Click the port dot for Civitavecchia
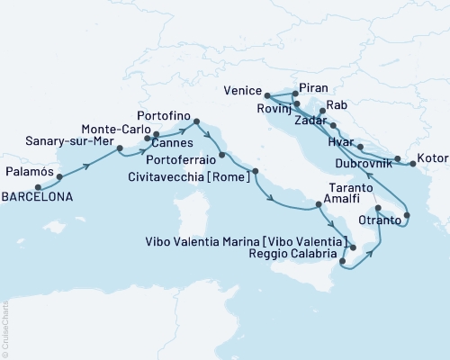256,171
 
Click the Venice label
242,92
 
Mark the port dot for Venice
268,94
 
